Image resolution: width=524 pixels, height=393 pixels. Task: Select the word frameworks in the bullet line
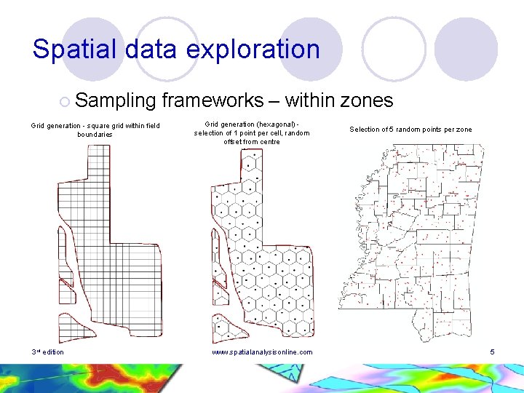(x=213, y=100)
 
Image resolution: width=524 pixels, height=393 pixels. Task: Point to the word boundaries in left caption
(x=95, y=135)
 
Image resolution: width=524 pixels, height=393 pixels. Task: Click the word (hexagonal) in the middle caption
(x=277, y=124)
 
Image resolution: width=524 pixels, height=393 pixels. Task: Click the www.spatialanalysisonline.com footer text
(x=262, y=352)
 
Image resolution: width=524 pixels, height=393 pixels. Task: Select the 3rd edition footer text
(x=47, y=352)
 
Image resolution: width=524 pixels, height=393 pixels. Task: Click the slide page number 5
(x=492, y=352)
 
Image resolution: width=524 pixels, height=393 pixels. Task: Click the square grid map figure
(x=109, y=240)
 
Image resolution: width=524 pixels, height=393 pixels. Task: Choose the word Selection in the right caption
(x=365, y=130)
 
